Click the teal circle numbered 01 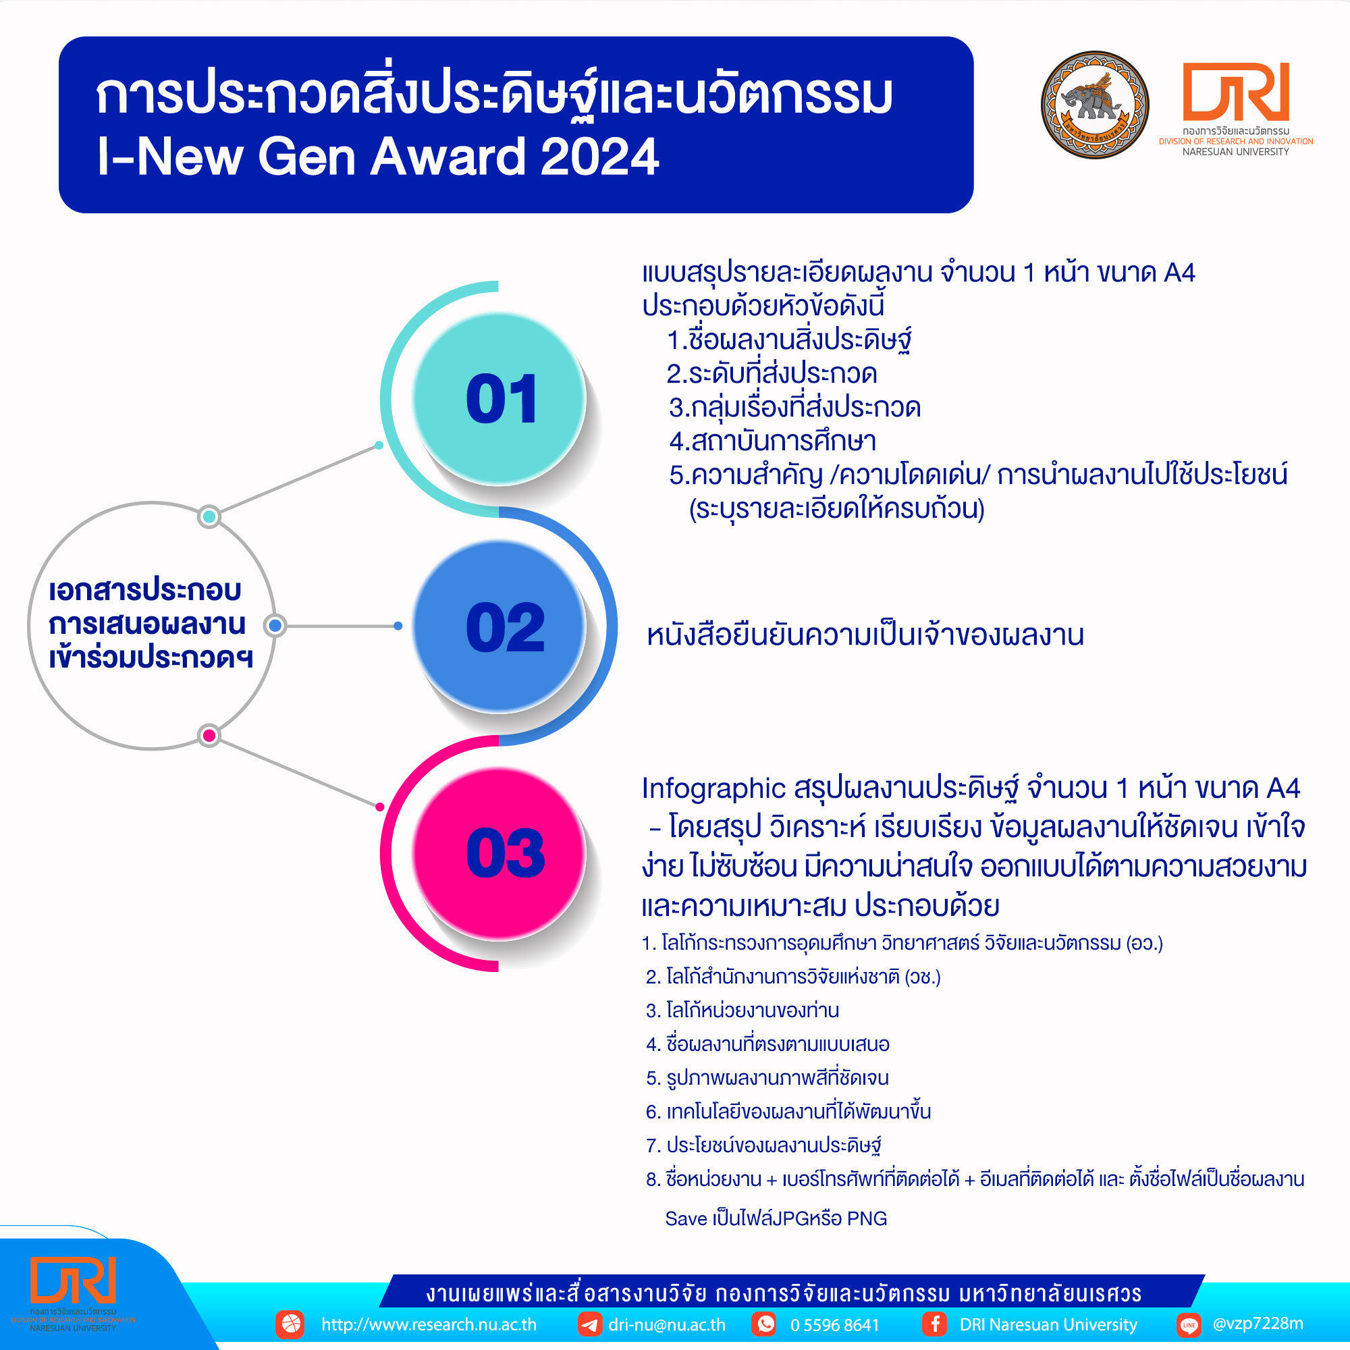tap(499, 398)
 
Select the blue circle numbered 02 tap(499, 626)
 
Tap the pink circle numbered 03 tap(499, 853)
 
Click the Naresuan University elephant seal tap(1094, 105)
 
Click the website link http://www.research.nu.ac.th tap(429, 1324)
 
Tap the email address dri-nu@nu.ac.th tap(667, 1324)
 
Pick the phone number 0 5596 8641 tap(834, 1325)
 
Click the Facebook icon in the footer tap(934, 1324)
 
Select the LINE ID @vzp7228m tap(1258, 1324)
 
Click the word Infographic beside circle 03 tap(713, 788)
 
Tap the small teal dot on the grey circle tap(209, 516)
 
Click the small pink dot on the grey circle tap(209, 735)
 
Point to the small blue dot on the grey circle tap(275, 626)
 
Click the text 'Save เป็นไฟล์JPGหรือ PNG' tap(776, 1218)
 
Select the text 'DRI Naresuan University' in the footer tap(1048, 1324)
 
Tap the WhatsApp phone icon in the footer tap(765, 1324)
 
